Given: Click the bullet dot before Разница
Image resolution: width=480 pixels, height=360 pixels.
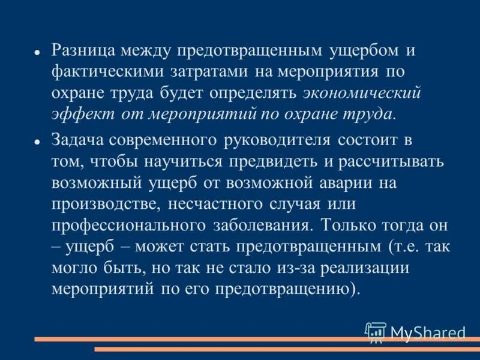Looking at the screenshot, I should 37,52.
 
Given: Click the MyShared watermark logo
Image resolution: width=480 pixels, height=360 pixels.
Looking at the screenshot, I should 415,332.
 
